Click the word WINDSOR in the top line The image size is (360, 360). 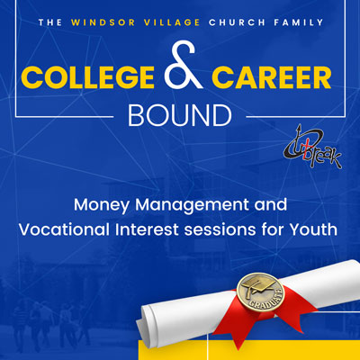click(103, 22)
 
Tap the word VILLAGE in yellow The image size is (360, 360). click(172, 22)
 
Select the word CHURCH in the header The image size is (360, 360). click(238, 22)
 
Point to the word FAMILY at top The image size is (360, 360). click(299, 22)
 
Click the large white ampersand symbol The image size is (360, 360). click(184, 65)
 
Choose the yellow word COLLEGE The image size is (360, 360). click(87, 77)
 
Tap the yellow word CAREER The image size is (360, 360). click(272, 77)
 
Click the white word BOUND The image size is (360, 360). click(180, 115)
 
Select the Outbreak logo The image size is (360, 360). click(312, 147)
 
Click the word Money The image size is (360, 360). click(102, 206)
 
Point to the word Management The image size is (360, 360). click(192, 206)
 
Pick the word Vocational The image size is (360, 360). click(64, 229)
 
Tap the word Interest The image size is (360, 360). click(147, 229)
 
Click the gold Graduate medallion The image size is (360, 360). click(260, 292)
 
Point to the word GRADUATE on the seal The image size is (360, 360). click(268, 300)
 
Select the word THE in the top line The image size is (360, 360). click(50, 22)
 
